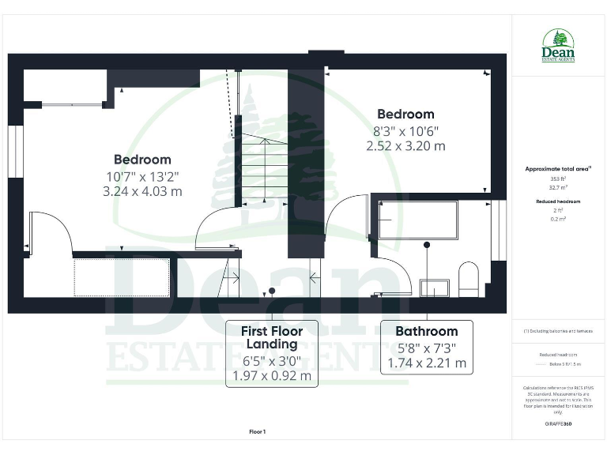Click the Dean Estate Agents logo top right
(558, 45)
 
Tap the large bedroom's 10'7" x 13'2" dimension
(142, 176)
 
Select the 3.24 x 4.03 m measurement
(142, 191)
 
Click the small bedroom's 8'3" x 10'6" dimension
(405, 131)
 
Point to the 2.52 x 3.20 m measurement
(405, 146)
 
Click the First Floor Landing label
(272, 337)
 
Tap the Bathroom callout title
(427, 332)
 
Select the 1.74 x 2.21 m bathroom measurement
(427, 364)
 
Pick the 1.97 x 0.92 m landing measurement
(272, 376)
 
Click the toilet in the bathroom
(468, 279)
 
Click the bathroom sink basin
(434, 287)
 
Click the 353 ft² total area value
(558, 179)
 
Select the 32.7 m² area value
(558, 188)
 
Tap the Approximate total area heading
(558, 169)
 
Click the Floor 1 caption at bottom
(258, 432)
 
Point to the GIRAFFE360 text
(558, 424)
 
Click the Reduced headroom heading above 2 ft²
(558, 202)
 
